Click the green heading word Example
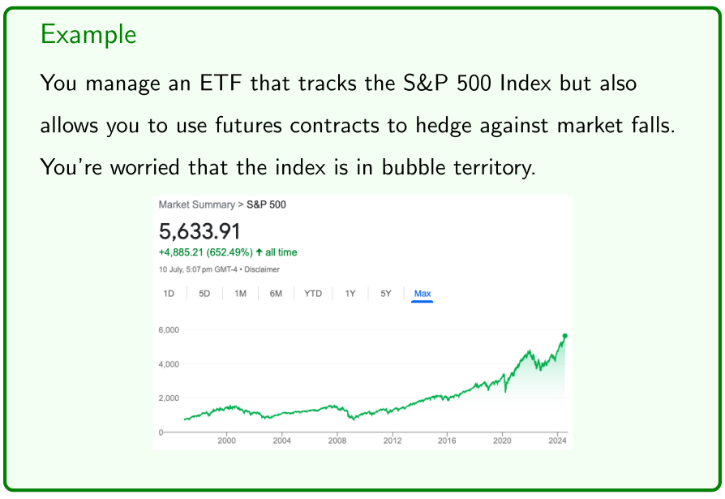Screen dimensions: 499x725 coord(88,35)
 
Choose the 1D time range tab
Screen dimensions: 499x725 coord(169,294)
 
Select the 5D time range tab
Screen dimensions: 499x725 coord(204,294)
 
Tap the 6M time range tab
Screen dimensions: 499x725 coord(276,294)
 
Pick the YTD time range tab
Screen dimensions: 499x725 coord(313,294)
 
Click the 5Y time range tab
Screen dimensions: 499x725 coord(386,294)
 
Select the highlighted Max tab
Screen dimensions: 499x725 coord(423,294)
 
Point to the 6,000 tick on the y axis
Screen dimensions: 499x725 coord(169,330)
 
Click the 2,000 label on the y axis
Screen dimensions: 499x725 coord(169,398)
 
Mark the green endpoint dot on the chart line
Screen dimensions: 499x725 coord(564,335)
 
